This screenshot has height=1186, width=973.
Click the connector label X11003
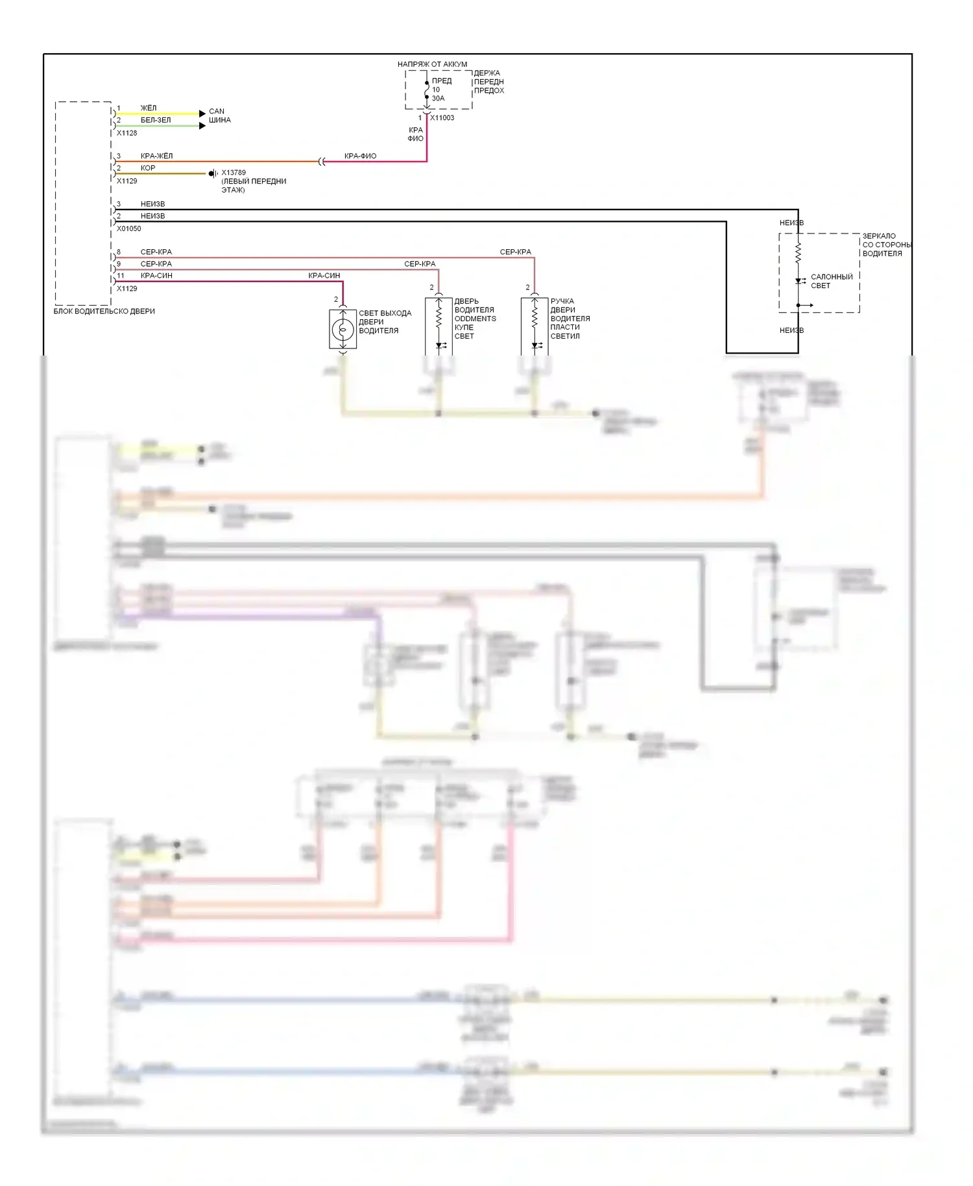coord(442,118)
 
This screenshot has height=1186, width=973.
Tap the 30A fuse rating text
coord(438,99)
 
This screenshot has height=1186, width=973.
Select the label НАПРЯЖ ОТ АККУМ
coord(432,64)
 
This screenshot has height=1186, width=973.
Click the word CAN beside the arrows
coord(217,112)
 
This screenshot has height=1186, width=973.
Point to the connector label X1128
coord(127,133)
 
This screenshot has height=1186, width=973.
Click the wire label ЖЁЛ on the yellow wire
coord(149,108)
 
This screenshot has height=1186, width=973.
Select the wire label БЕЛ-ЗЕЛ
coord(156,120)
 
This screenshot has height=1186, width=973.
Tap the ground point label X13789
coord(234,173)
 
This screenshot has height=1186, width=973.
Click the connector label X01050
coord(129,228)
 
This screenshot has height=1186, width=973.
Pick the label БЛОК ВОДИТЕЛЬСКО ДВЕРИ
coord(104,311)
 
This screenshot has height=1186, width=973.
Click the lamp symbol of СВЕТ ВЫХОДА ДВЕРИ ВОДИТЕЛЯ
coord(342,330)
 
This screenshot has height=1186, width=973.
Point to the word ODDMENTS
coord(475,319)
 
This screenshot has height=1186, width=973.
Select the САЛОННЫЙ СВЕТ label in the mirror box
coord(832,281)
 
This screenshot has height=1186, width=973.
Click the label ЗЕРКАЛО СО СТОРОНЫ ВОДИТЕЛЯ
coord(886,245)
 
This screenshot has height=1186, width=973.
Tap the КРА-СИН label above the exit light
coord(324,276)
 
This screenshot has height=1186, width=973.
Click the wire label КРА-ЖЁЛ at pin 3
coord(156,156)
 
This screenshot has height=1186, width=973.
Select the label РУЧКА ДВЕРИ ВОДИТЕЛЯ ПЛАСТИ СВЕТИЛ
coord(570,319)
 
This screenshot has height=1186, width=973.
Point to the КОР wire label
coord(148,168)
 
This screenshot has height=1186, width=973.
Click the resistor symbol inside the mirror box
coord(798,251)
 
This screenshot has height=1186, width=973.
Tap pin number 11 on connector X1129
coord(121,276)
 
